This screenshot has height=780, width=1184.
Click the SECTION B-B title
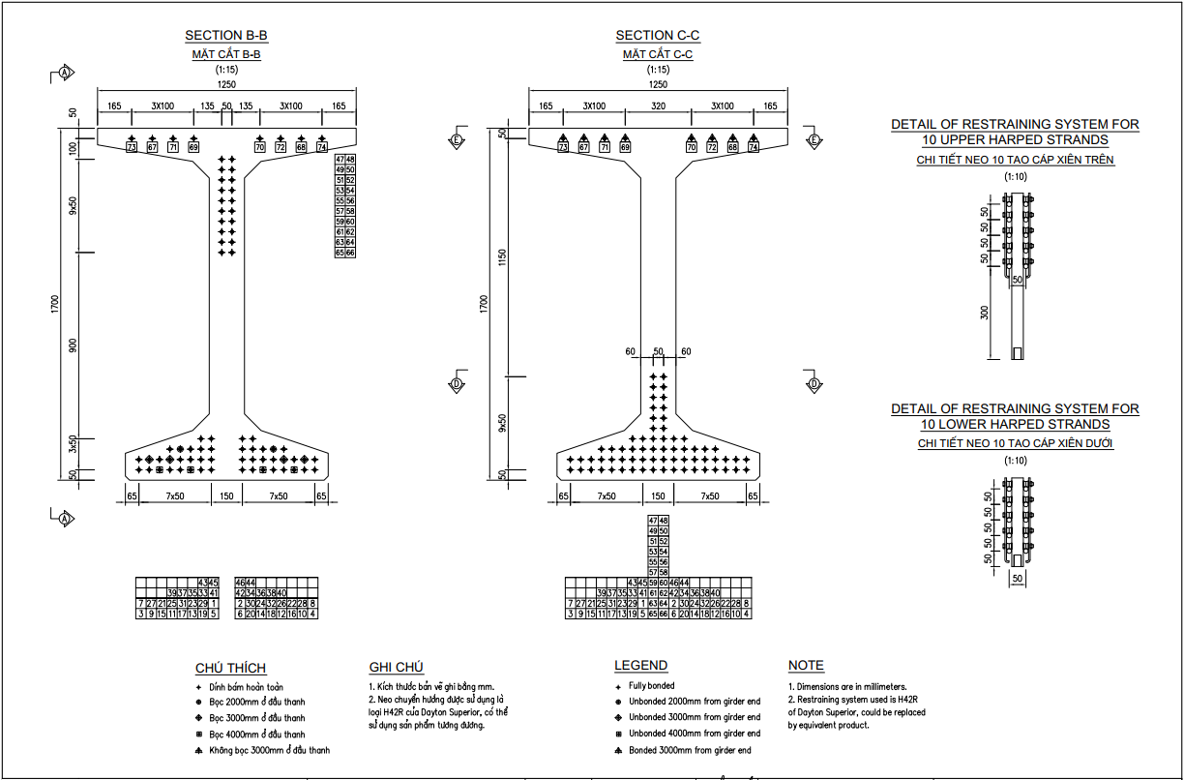[226, 36]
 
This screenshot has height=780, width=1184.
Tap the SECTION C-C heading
[658, 36]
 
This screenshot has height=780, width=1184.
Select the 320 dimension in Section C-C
[658, 106]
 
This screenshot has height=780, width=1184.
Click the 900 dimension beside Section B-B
[73, 345]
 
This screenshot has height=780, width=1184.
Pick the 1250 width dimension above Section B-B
[226, 85]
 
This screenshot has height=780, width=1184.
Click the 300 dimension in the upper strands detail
[986, 313]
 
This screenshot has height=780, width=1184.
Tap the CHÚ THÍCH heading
[230, 668]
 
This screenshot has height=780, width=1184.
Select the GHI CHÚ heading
[397, 667]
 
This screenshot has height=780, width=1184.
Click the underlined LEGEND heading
[640, 666]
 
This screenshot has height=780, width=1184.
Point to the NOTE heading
[806, 666]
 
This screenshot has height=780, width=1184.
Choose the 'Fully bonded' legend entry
[652, 685]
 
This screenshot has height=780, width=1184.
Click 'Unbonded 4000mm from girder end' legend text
[694, 734]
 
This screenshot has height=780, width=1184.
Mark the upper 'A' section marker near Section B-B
[65, 73]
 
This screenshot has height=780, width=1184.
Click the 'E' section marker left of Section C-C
[457, 139]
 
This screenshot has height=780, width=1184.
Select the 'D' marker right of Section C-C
[814, 384]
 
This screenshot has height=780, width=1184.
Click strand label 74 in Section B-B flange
[323, 147]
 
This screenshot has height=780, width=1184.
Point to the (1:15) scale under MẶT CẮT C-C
[658, 70]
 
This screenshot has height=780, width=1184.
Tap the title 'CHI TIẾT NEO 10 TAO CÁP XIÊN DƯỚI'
[1015, 443]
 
